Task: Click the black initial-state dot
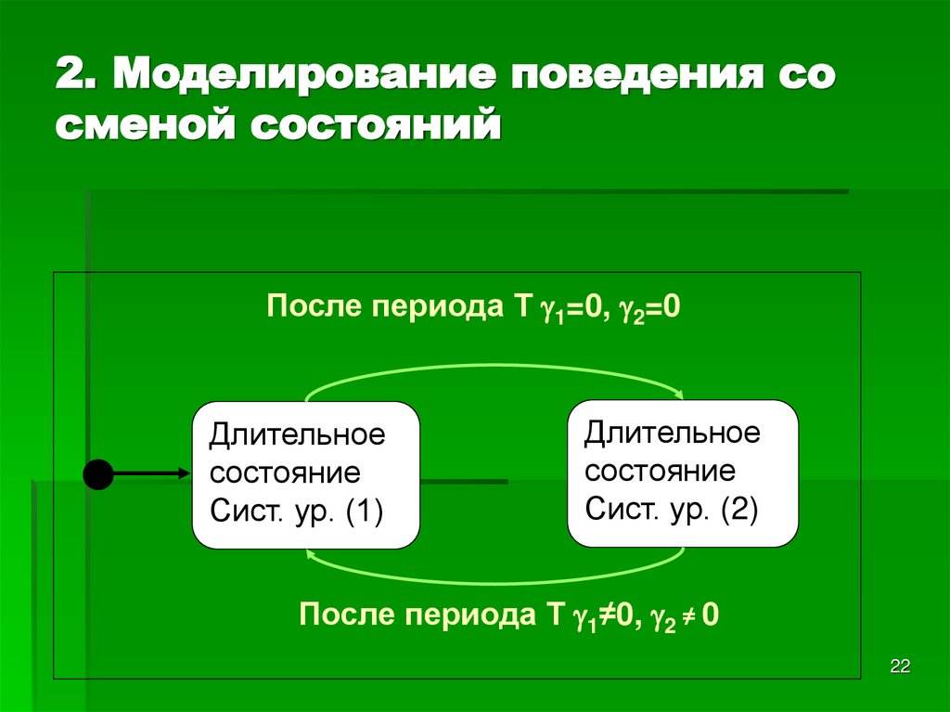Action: pyautogui.click(x=97, y=474)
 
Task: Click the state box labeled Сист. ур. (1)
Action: pyautogui.click(x=305, y=474)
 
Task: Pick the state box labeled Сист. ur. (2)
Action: pyautogui.click(x=682, y=473)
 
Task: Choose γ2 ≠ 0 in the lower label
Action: pyautogui.click(x=684, y=615)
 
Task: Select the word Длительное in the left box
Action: pyautogui.click(x=297, y=434)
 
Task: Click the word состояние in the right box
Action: pyautogui.click(x=660, y=470)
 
